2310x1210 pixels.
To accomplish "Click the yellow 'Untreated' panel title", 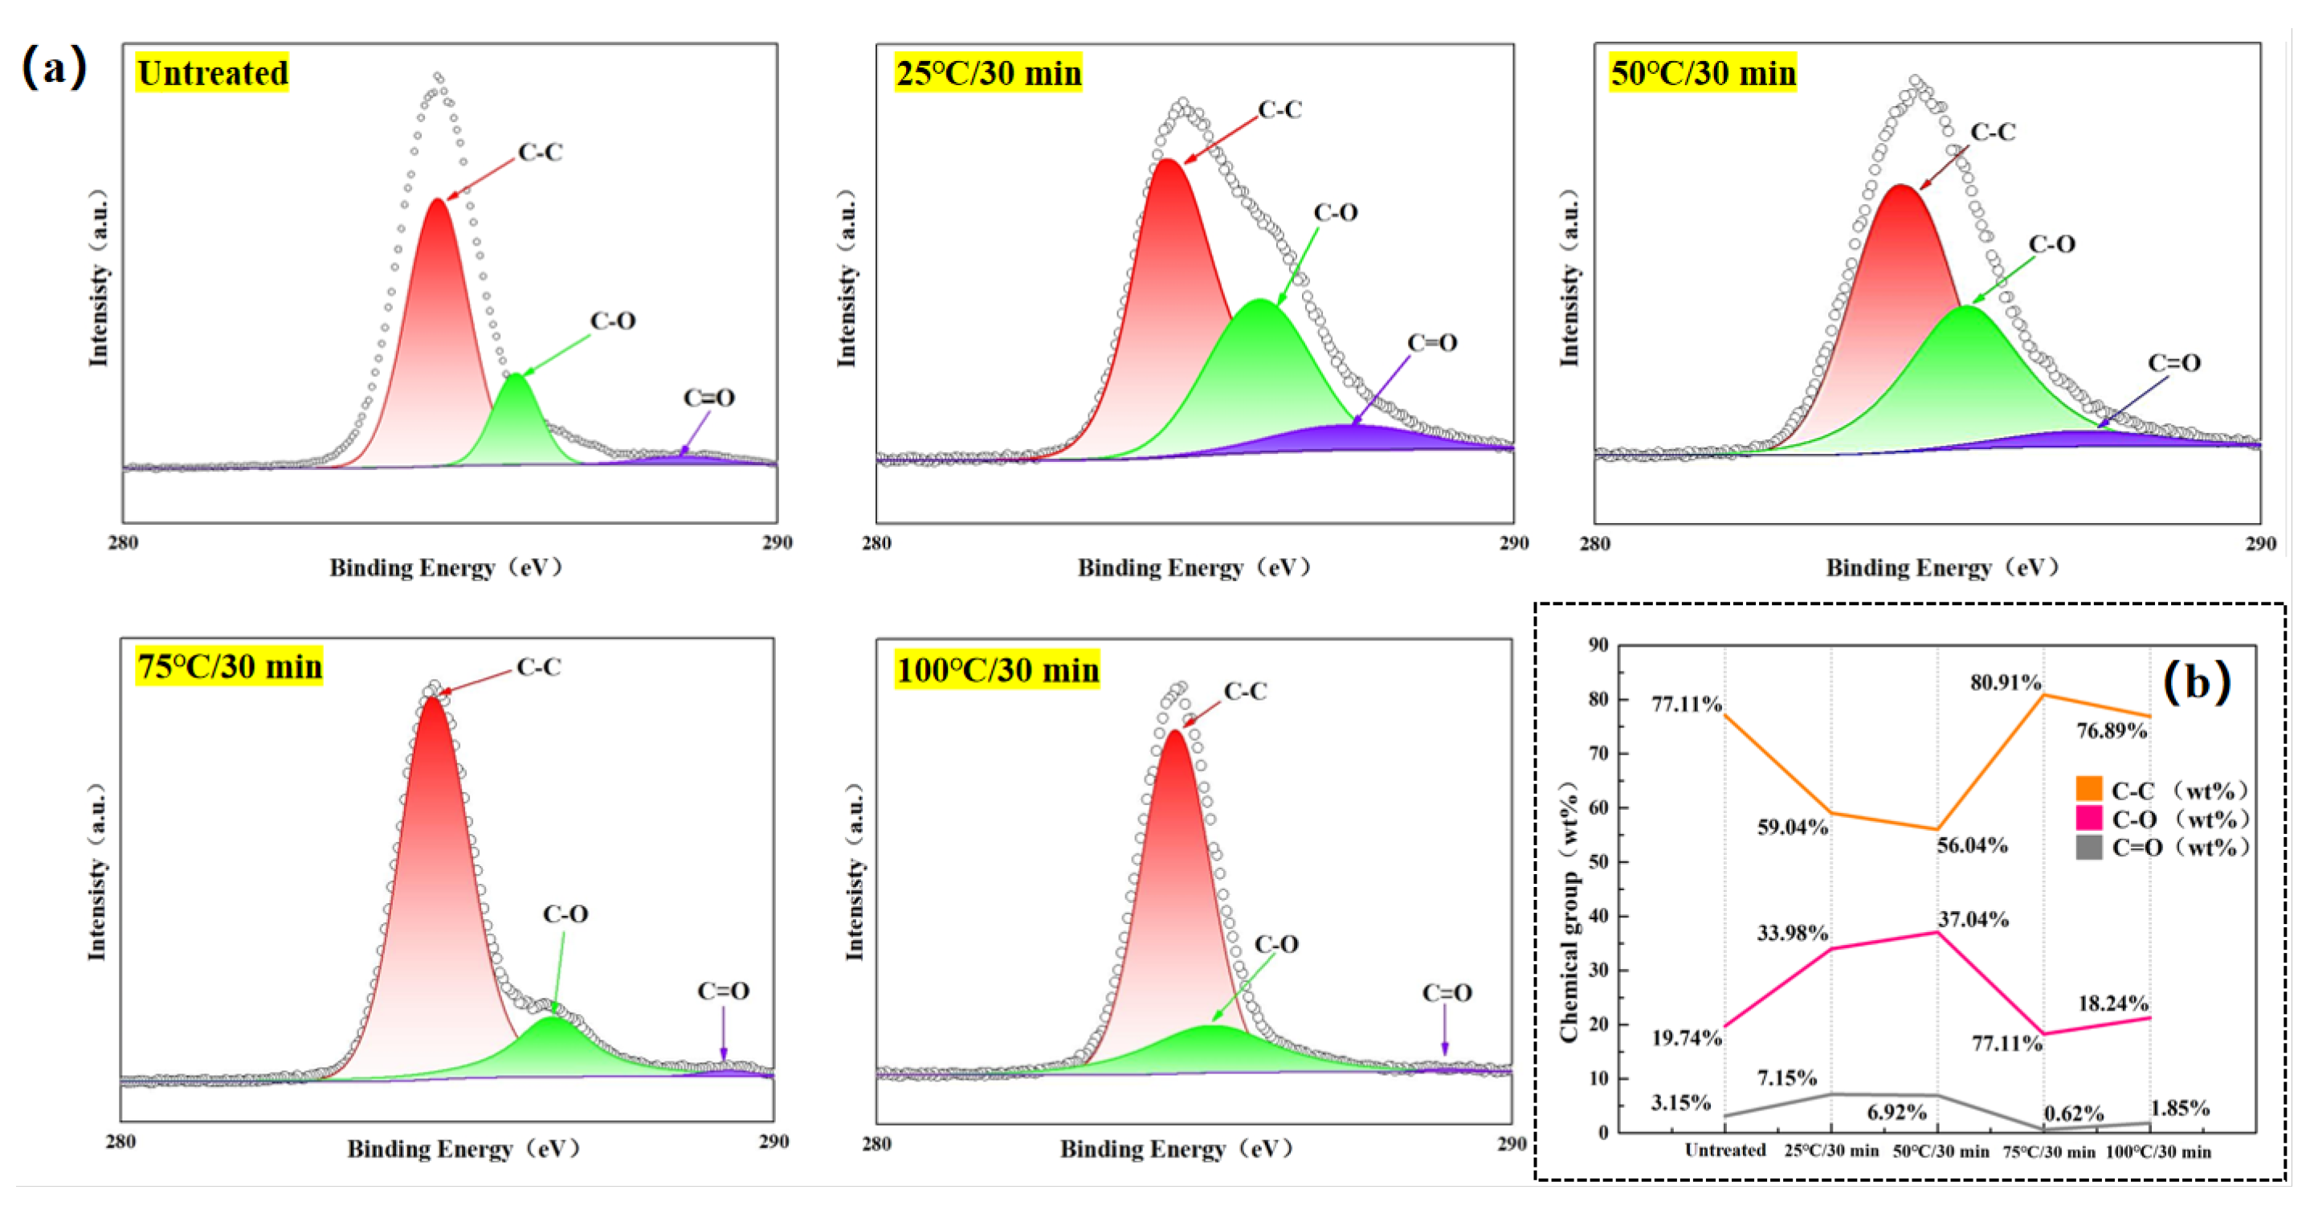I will [x=213, y=72].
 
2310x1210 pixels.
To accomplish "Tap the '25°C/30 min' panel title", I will [x=988, y=72].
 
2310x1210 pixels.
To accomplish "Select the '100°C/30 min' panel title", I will [x=998, y=670].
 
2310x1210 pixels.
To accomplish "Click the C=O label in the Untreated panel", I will [x=708, y=398].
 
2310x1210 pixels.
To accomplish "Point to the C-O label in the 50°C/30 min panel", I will [x=2051, y=244].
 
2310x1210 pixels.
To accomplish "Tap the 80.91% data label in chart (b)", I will [x=2005, y=683].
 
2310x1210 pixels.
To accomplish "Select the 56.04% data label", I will [x=1972, y=845].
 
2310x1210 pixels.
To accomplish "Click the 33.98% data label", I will [x=1792, y=933].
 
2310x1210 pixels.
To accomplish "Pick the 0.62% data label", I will [x=2073, y=1113].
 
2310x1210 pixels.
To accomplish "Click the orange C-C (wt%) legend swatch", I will [x=2088, y=789].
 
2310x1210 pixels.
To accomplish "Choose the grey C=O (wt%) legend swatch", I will [x=2088, y=847].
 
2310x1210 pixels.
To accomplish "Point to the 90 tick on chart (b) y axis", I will [x=1598, y=645].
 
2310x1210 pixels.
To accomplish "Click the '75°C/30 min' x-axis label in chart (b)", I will [x=2049, y=1151].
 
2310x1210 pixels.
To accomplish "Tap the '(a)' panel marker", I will [x=54, y=67].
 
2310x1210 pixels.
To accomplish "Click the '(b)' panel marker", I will [x=2196, y=683].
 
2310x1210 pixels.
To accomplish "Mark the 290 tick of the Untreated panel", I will [x=777, y=542].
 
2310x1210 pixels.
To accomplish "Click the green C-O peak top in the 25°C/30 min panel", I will [x=1261, y=300].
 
